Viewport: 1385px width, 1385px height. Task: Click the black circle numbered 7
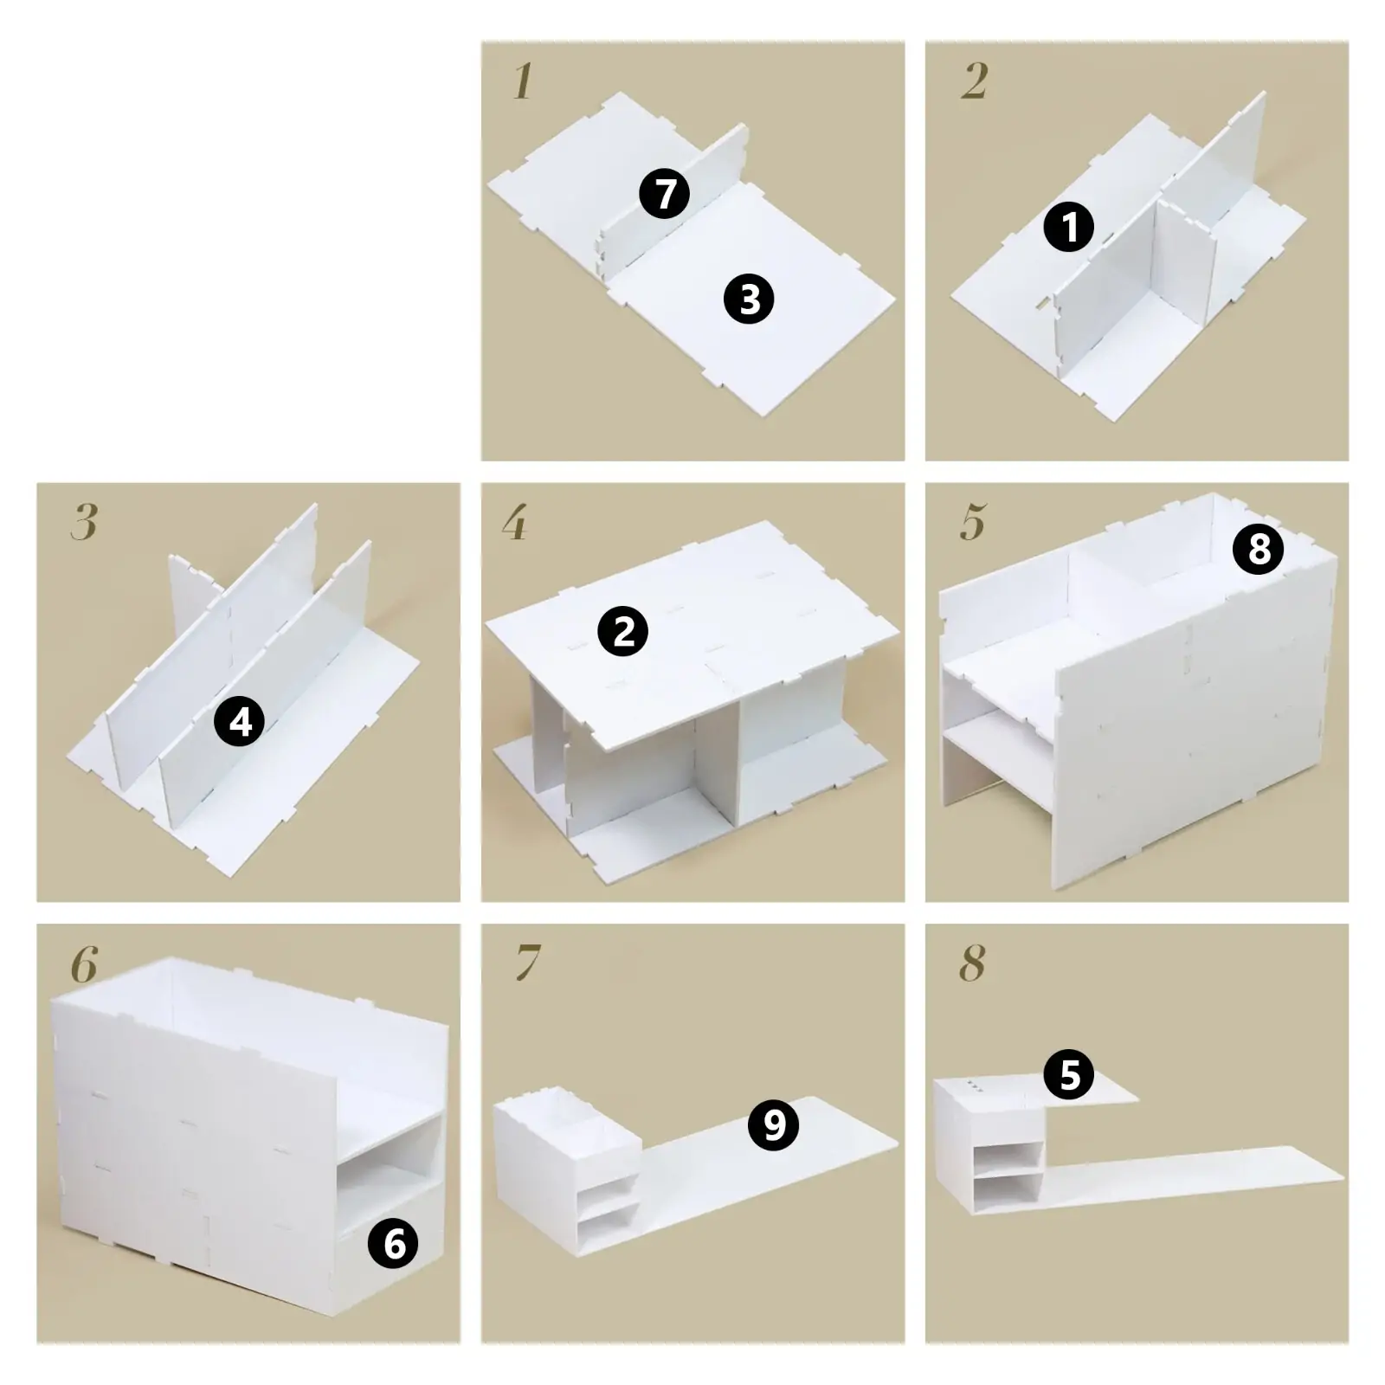(664, 194)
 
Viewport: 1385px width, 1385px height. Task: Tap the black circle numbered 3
(749, 300)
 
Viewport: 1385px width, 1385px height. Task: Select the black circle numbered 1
(1069, 228)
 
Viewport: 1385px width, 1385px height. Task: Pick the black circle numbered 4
(240, 721)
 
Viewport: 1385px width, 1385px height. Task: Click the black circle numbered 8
(1259, 549)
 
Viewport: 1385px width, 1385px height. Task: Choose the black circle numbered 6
(393, 1244)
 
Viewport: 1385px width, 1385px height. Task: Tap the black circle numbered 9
(773, 1124)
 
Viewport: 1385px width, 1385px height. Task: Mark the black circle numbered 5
(1069, 1075)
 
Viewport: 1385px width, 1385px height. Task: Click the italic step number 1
(522, 82)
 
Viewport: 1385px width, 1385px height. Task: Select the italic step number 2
(974, 82)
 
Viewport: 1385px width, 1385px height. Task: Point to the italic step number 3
(84, 523)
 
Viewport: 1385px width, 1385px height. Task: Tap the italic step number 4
(514, 523)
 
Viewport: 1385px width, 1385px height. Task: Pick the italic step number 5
(973, 523)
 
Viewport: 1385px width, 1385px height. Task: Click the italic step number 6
(84, 963)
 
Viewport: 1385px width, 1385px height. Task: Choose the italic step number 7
(527, 963)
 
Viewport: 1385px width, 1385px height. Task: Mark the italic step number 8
(972, 963)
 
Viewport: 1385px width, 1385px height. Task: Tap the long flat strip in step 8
(1195, 1177)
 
